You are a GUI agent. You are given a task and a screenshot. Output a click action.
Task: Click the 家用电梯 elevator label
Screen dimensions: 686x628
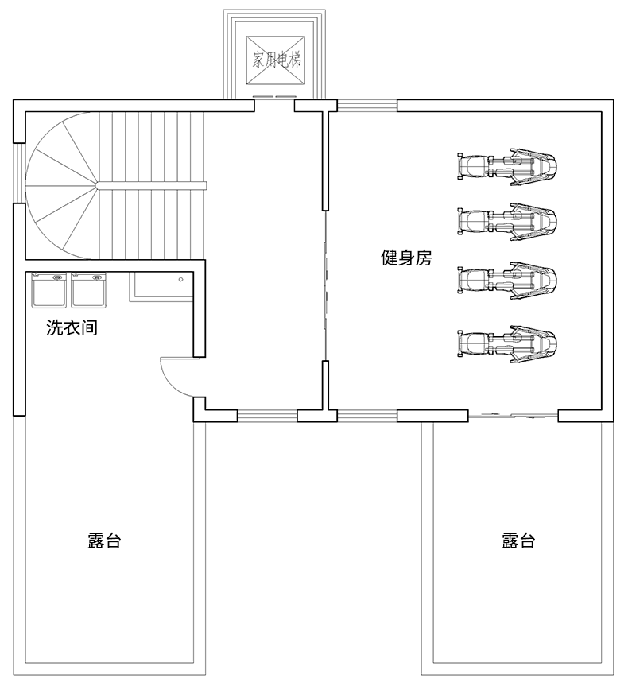click(276, 60)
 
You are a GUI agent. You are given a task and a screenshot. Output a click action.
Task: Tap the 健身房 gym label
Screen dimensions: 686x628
click(406, 258)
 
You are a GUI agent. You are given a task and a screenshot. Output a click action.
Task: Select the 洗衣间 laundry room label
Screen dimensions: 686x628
click(72, 327)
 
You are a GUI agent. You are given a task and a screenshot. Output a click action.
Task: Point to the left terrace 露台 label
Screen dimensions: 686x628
click(104, 541)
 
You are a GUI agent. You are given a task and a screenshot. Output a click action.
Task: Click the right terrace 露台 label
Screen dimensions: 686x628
click(518, 541)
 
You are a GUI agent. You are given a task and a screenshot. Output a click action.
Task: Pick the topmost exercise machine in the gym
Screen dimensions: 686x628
click(506, 166)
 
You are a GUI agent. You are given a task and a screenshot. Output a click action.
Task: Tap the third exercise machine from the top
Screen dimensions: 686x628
click(506, 280)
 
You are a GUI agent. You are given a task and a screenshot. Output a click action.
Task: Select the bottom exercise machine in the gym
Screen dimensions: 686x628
click(506, 343)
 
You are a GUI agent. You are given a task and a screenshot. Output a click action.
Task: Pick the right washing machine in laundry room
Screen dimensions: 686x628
click(88, 290)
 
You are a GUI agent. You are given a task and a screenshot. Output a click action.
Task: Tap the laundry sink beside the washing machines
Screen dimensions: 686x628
click(161, 285)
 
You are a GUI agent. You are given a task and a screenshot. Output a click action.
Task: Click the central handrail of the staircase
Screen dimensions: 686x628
click(151, 185)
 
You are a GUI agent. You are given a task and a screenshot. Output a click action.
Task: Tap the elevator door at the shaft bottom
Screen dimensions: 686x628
click(274, 97)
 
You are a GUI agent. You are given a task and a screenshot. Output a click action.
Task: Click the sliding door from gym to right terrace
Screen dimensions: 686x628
click(513, 415)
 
